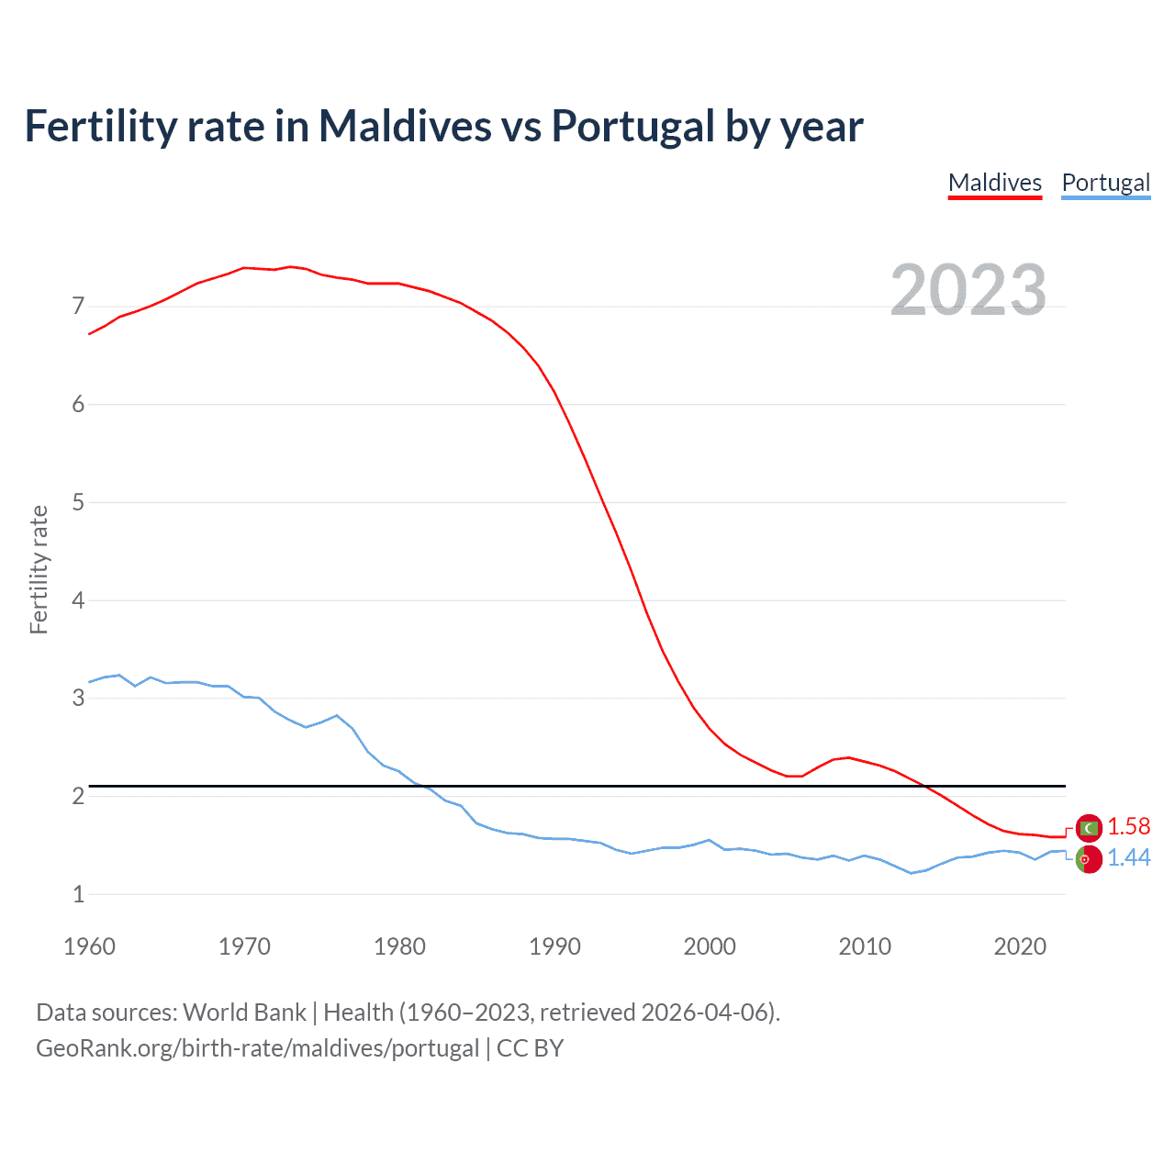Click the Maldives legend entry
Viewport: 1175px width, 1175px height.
click(x=994, y=183)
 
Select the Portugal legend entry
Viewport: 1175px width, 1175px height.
click(x=1105, y=183)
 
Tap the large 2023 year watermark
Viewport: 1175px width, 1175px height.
click(x=968, y=290)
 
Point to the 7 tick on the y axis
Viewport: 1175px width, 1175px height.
click(x=78, y=306)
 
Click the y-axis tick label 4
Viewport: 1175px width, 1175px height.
click(x=78, y=600)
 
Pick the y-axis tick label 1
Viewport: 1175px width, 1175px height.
click(x=78, y=894)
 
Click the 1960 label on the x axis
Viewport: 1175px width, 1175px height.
click(x=89, y=946)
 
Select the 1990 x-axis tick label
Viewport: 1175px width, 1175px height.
click(x=554, y=946)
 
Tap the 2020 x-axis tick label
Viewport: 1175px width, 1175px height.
click(x=1020, y=946)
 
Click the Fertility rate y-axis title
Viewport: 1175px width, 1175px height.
click(x=39, y=569)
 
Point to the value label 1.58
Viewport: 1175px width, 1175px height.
click(x=1128, y=826)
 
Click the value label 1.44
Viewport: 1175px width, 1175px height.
click(x=1128, y=857)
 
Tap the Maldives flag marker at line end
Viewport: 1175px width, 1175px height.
click(x=1089, y=828)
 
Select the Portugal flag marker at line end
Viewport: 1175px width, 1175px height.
click(x=1089, y=860)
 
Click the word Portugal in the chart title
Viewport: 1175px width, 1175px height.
click(x=632, y=126)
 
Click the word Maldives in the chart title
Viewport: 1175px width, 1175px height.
click(x=405, y=126)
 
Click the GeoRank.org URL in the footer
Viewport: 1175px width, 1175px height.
click(x=257, y=1048)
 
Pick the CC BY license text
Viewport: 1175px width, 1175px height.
click(x=530, y=1048)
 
